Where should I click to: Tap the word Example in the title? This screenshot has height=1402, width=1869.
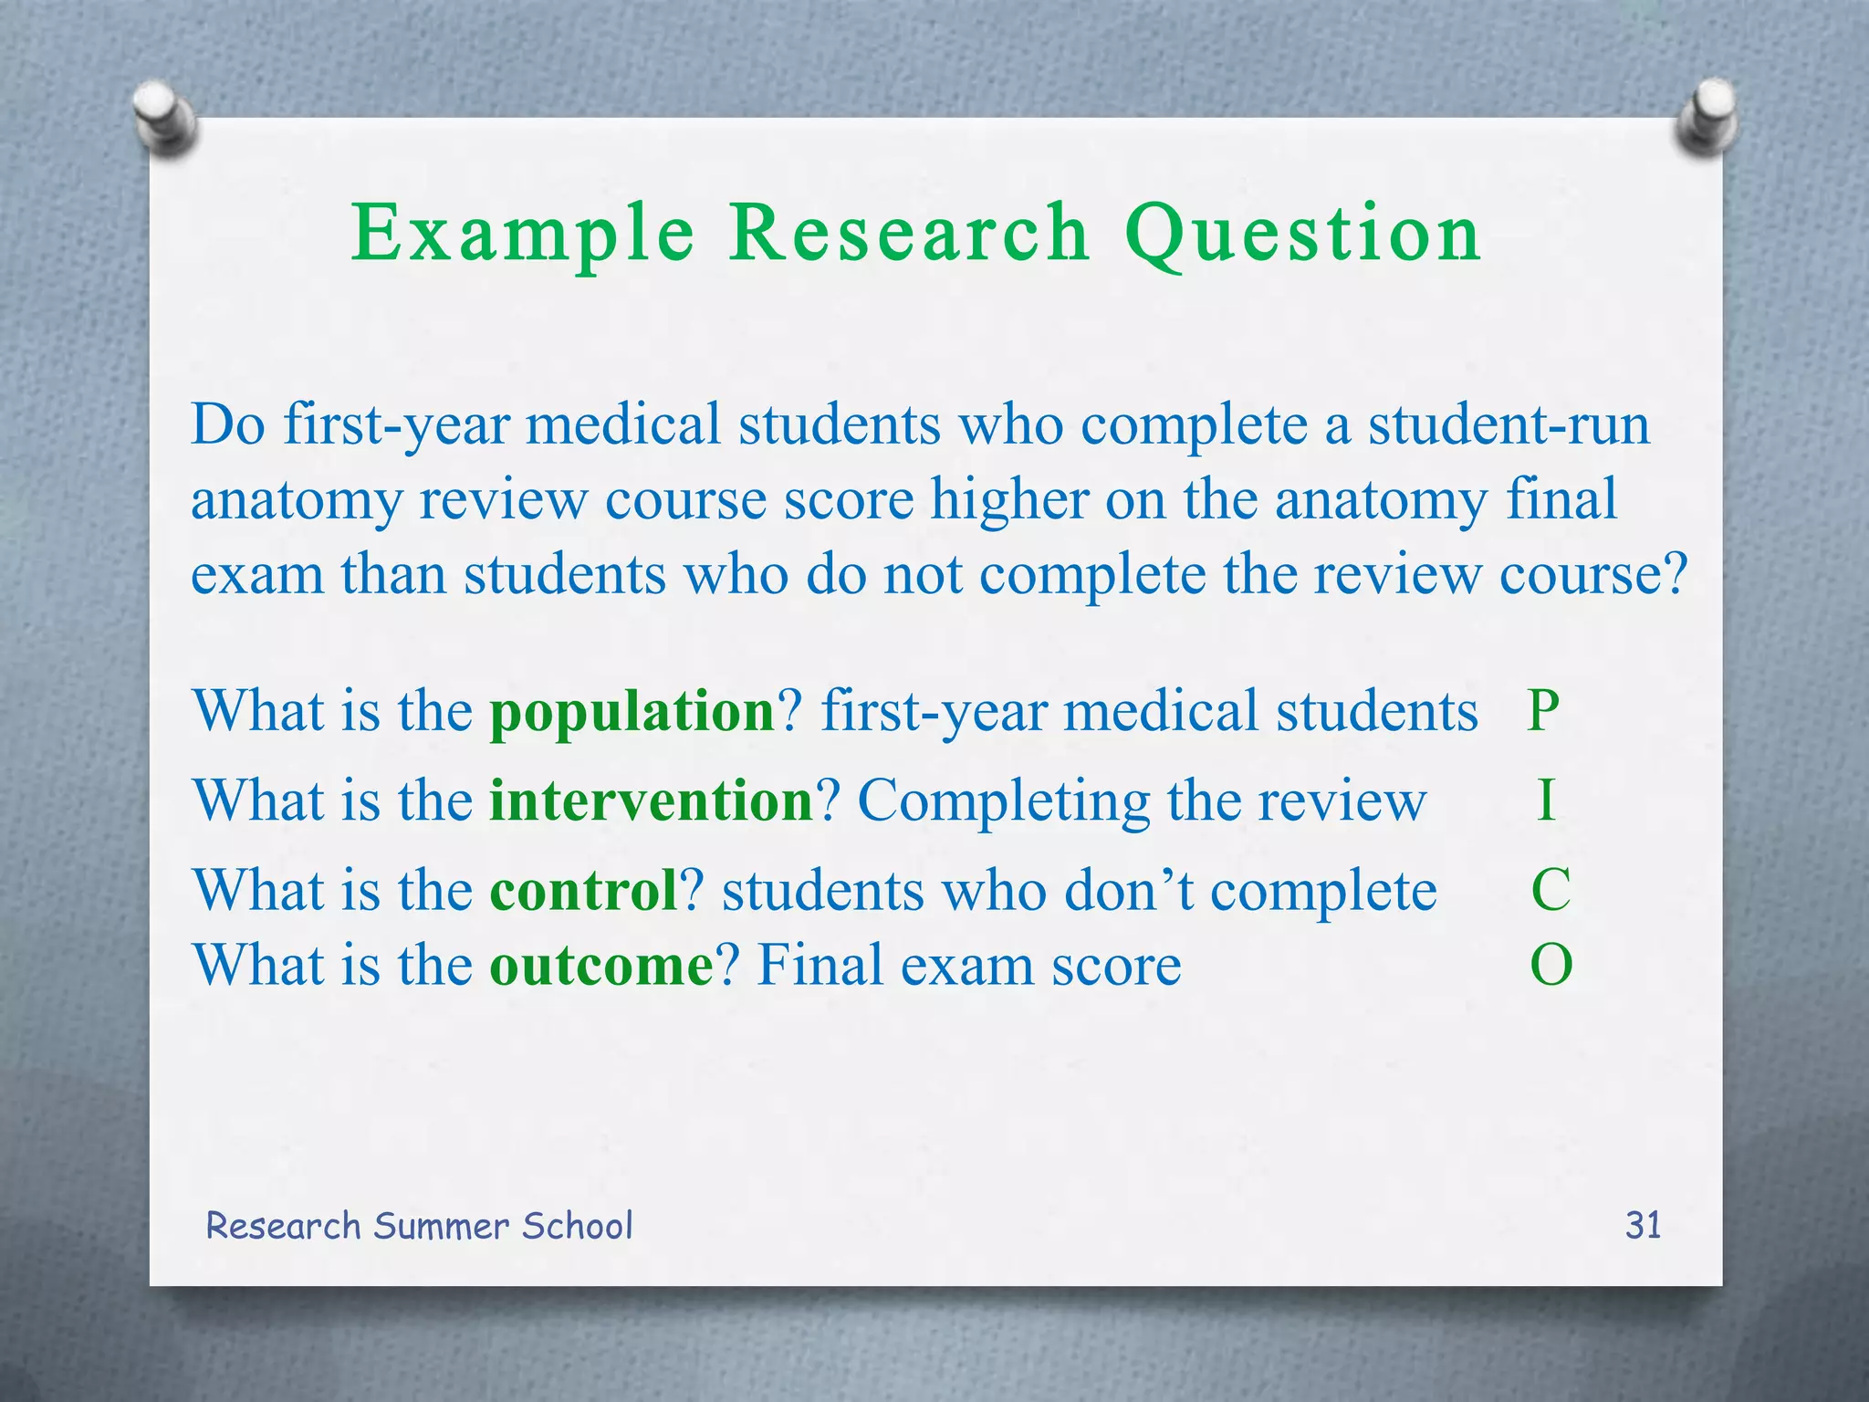(x=523, y=234)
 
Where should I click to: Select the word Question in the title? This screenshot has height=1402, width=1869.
(x=1302, y=234)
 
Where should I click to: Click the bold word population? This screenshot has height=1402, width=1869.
(x=632, y=711)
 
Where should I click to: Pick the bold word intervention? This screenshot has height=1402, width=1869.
(x=651, y=800)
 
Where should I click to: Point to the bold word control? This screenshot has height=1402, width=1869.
(x=583, y=890)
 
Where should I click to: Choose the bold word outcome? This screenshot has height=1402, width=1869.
(x=601, y=965)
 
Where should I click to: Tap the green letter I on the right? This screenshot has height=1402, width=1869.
(x=1545, y=800)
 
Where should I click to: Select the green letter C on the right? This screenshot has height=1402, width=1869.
(x=1551, y=890)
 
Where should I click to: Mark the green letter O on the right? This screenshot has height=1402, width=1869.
(x=1551, y=965)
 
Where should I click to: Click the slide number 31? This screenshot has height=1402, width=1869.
(x=1643, y=1225)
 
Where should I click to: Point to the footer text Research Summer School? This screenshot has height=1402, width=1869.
(x=419, y=1226)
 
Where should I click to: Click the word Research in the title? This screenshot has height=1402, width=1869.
(x=909, y=234)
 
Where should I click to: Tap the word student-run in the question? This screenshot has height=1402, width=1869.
(x=1509, y=425)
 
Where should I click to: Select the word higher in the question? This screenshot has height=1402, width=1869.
(x=1009, y=500)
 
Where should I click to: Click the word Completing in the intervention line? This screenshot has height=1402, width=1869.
(x=1004, y=800)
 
